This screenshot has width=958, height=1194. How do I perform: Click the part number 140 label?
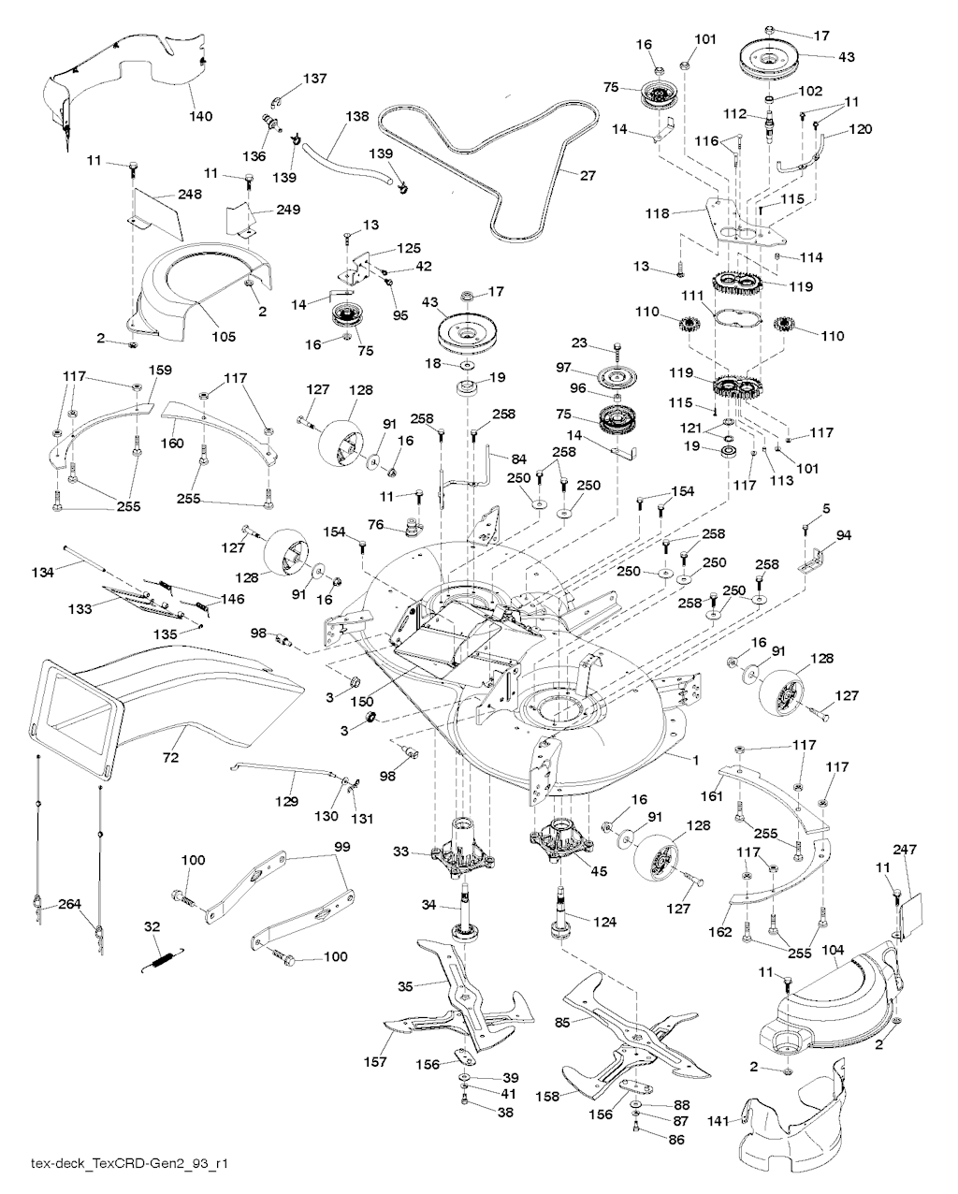201,117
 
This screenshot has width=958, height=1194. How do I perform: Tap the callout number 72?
171,753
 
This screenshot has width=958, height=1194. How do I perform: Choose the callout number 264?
69,904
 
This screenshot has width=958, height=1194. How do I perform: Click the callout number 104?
834,951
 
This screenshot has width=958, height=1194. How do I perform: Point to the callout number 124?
605,923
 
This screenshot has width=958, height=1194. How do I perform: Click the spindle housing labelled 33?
459,847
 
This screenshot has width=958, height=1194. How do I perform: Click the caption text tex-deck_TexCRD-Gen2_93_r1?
131,1165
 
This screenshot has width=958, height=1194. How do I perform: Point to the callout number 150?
363,701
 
